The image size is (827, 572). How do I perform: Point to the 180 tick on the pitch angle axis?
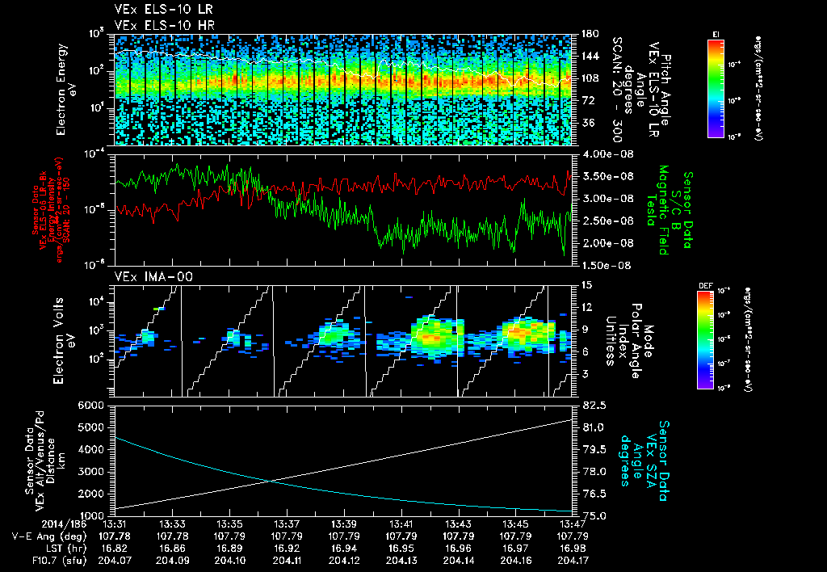(x=589, y=34)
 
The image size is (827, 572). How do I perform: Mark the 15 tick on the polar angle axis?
(x=586, y=285)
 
